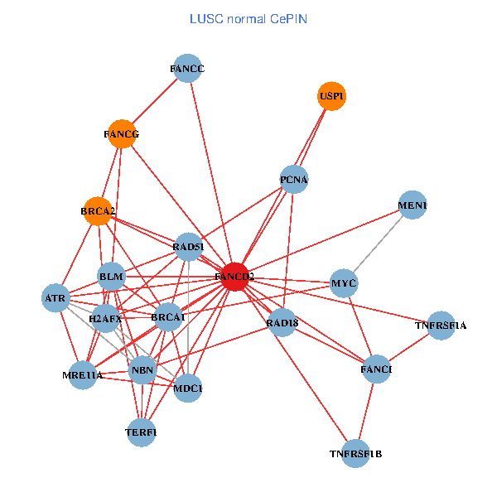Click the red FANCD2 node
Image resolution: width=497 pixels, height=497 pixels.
[235, 277]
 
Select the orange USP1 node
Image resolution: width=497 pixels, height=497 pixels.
[331, 96]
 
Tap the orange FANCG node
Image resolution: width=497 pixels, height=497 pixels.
[122, 134]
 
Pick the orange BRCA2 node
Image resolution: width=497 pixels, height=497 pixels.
[99, 211]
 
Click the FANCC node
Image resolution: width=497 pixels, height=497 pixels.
[188, 68]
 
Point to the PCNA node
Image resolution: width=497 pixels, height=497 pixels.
[294, 179]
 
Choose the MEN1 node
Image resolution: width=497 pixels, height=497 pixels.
[413, 205]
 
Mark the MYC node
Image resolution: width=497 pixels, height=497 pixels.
[344, 283]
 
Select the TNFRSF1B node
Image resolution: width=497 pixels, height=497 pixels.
[355, 453]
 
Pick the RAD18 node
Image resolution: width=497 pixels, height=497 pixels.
[282, 322]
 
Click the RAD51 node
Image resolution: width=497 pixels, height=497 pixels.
[188, 246]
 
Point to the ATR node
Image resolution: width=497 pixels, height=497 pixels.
[55, 298]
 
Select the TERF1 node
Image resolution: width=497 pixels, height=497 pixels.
[142, 432]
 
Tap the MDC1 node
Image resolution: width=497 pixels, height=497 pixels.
[189, 388]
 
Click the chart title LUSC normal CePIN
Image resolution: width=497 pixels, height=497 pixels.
[248, 18]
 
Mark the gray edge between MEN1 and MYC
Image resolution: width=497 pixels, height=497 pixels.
[379, 244]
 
